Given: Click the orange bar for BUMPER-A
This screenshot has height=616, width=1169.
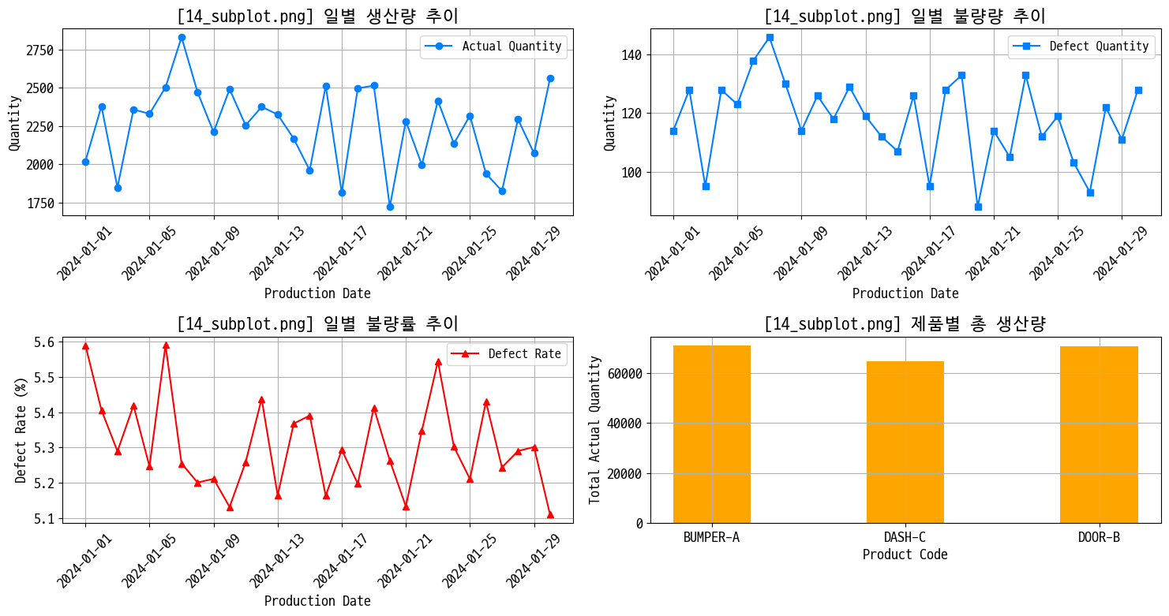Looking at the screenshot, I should [x=711, y=434].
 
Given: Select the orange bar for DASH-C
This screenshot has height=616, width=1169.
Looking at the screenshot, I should [x=905, y=442].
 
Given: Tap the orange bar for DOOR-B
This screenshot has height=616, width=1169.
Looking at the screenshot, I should [x=1098, y=435].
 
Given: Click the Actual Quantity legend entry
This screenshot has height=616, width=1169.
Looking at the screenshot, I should [x=493, y=47].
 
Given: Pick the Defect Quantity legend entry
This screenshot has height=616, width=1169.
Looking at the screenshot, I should [x=1081, y=47].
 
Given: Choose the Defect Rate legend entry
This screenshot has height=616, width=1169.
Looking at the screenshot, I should [x=507, y=354].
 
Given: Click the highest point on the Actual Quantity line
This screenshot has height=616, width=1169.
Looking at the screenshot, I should [x=182, y=37].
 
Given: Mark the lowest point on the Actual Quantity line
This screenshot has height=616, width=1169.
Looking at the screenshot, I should [x=390, y=207].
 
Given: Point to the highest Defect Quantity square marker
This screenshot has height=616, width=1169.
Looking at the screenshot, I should [x=770, y=37].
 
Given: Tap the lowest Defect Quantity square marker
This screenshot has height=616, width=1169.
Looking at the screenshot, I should [x=978, y=207].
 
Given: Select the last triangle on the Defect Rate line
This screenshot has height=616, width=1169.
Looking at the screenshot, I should [x=550, y=514].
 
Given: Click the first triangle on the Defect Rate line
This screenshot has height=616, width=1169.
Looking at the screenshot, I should [x=85, y=345].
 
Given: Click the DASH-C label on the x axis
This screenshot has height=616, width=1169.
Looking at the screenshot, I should [x=905, y=538].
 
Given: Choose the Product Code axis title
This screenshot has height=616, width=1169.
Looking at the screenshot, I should [x=905, y=554].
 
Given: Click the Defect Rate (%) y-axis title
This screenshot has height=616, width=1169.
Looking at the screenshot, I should [x=21, y=430].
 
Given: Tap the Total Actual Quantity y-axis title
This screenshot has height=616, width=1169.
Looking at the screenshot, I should [x=595, y=430].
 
